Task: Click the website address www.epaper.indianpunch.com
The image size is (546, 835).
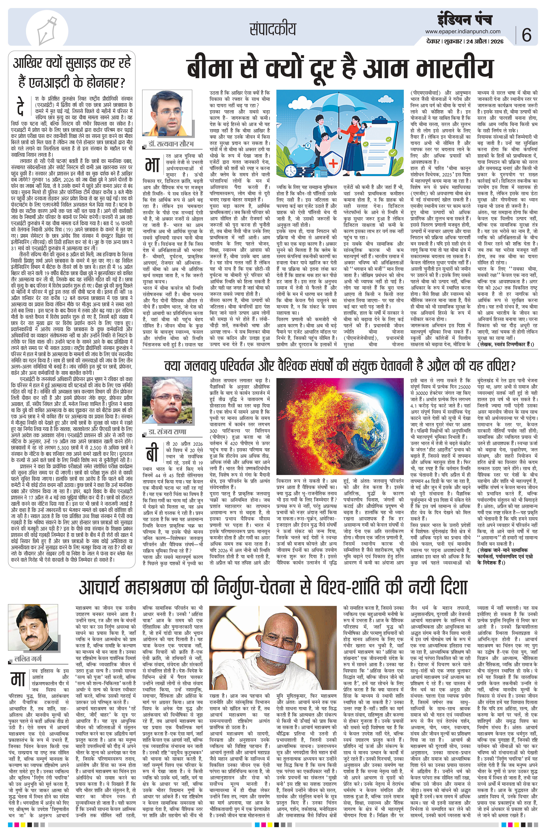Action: [x=463, y=32]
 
